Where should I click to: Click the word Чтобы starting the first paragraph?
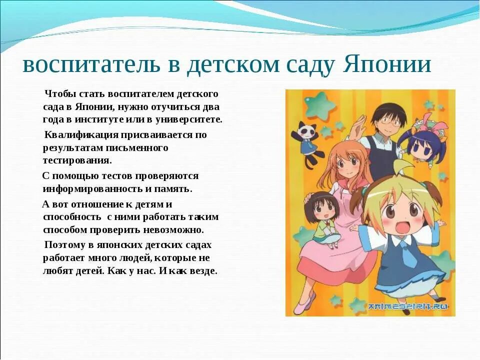59,93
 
